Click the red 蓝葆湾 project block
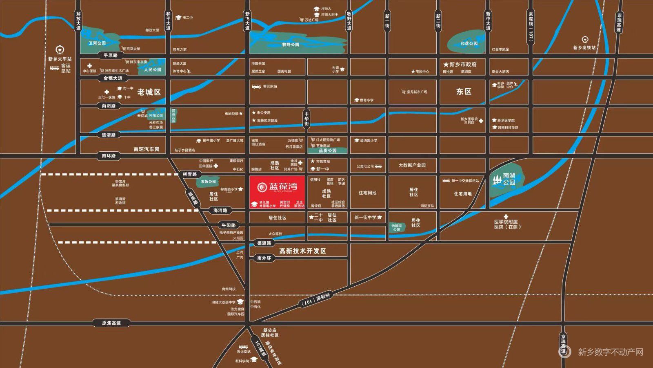tap(278, 192)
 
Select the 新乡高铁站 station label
tap(584, 48)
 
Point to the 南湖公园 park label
tap(509, 179)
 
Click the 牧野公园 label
tap(291, 45)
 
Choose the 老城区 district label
tap(149, 92)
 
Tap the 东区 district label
tap(464, 92)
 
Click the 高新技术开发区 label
tap(302, 251)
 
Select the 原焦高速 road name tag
tap(111, 323)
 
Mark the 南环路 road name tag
tap(109, 156)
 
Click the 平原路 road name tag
tap(110, 55)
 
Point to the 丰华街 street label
tap(307, 119)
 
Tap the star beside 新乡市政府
tap(446, 64)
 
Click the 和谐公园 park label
tap(469, 43)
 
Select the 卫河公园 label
tap(97, 43)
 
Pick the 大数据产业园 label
tap(412, 166)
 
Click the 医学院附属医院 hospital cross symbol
tap(506, 216)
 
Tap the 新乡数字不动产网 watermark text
tap(610, 352)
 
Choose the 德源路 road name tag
tap(264, 243)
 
